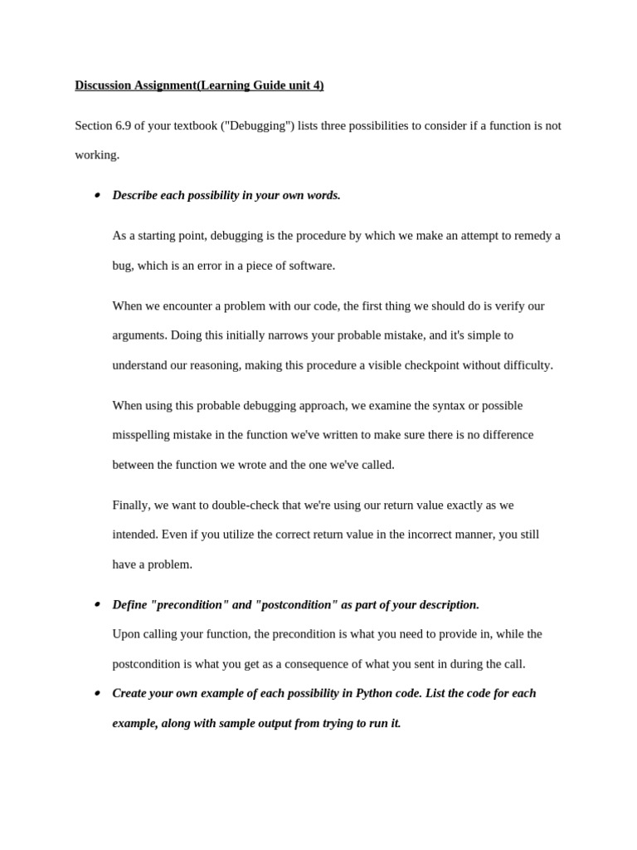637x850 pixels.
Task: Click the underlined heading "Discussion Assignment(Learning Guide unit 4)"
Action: tap(199, 85)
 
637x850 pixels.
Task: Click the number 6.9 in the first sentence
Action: tap(124, 125)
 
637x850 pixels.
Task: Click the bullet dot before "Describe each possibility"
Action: tap(96, 196)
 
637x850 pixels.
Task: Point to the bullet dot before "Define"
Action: tap(96, 604)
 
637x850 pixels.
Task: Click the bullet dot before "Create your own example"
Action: tap(96, 693)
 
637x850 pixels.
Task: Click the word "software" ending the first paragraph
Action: tap(310, 266)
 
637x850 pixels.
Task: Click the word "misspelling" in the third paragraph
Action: tap(142, 435)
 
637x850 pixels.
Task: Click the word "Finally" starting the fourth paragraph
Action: tap(131, 505)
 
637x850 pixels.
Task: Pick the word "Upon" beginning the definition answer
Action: tap(126, 634)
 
